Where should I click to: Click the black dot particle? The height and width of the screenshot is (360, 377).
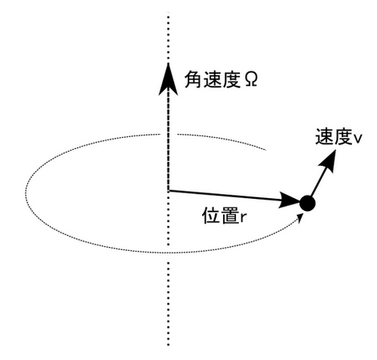click(x=307, y=203)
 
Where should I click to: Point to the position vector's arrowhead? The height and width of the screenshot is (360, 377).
click(x=290, y=200)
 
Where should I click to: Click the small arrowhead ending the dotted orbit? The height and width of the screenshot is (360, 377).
click(x=300, y=217)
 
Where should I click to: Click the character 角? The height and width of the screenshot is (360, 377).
click(x=193, y=79)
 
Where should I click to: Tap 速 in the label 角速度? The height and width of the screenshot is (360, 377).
click(x=212, y=79)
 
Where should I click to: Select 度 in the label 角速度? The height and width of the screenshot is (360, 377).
click(x=231, y=79)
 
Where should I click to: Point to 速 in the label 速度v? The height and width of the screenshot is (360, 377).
click(x=324, y=136)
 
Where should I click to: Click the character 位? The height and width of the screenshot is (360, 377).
click(x=211, y=216)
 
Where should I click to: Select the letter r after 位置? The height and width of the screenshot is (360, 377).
click(x=243, y=217)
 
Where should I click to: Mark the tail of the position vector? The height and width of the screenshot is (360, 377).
click(x=168, y=191)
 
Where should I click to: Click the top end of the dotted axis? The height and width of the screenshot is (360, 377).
click(x=168, y=13)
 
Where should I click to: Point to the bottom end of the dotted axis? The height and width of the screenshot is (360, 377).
click(x=168, y=345)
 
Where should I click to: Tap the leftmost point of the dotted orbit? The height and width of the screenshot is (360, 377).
click(x=26, y=193)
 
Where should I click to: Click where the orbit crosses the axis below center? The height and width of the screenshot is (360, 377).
click(x=168, y=253)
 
